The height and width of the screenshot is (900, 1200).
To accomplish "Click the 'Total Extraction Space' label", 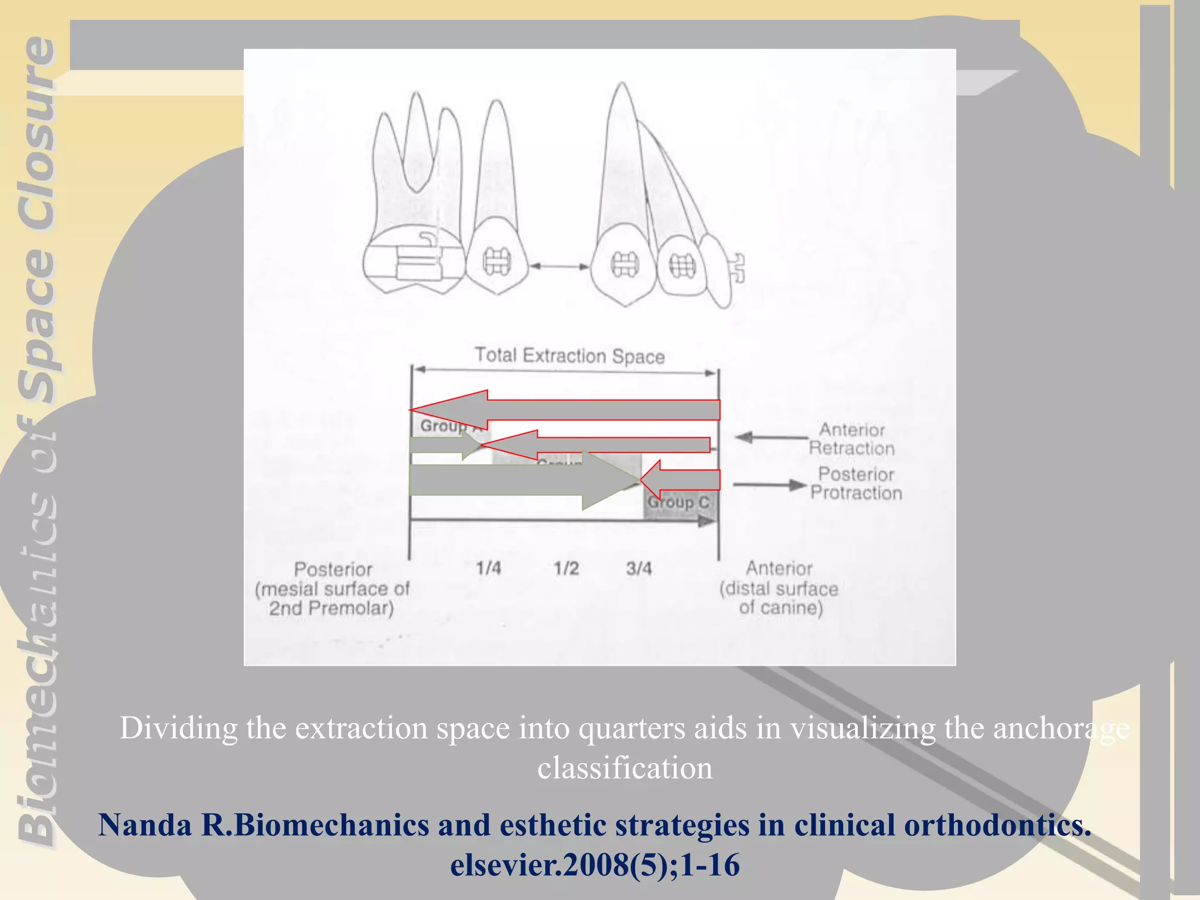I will [x=570, y=356].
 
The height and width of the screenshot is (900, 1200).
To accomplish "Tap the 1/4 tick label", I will [x=488, y=568].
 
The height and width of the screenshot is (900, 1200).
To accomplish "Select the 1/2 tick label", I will [x=566, y=568].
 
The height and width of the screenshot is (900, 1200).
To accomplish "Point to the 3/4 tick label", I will [x=638, y=568].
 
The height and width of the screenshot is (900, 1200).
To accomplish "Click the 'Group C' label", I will [x=678, y=503].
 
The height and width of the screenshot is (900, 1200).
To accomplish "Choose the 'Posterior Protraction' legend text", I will [x=855, y=483].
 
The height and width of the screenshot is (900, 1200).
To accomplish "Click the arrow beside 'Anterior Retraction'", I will [x=771, y=437].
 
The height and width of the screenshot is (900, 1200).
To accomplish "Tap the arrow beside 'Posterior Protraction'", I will [x=769, y=485].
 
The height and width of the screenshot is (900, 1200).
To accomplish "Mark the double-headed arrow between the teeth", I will [x=559, y=267].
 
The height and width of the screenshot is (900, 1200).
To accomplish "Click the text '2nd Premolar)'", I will [x=331, y=608].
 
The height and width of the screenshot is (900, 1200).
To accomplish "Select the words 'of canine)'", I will [x=780, y=608].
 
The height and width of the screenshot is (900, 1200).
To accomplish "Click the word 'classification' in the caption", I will [x=625, y=768].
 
